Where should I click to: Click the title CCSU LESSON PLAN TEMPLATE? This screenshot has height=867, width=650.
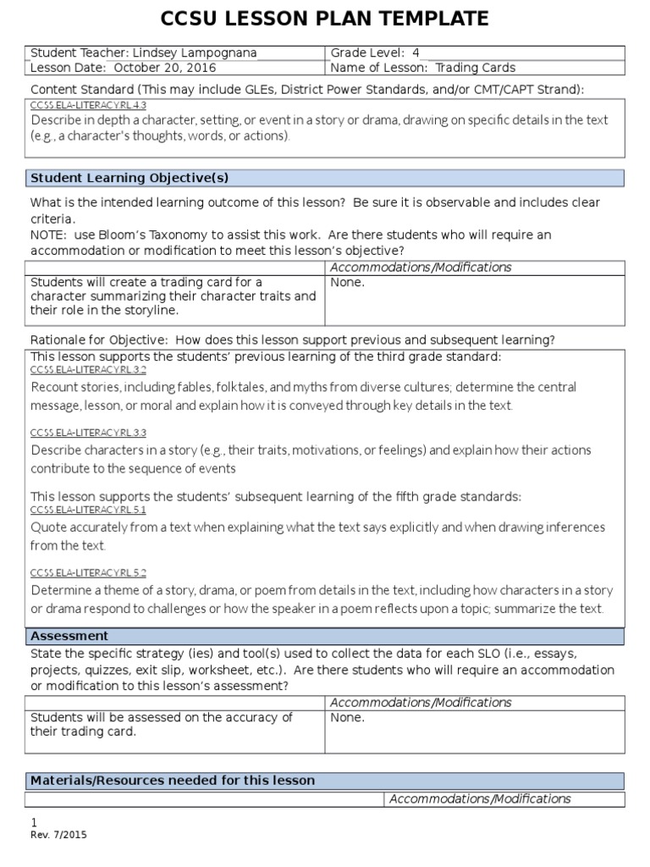pyautogui.click(x=325, y=19)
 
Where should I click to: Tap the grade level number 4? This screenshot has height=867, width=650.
pyautogui.click(x=416, y=53)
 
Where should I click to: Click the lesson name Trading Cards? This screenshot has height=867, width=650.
pyautogui.click(x=475, y=68)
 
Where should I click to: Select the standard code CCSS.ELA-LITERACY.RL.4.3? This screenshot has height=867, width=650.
pyautogui.click(x=89, y=106)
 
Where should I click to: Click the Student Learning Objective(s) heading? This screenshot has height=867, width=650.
pyautogui.click(x=129, y=178)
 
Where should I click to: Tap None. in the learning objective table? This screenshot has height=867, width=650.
pyautogui.click(x=348, y=283)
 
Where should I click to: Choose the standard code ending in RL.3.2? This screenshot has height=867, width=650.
pyautogui.click(x=89, y=371)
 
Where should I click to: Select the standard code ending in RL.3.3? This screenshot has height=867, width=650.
pyautogui.click(x=89, y=433)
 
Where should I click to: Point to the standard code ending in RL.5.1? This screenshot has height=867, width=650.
pyautogui.click(x=89, y=511)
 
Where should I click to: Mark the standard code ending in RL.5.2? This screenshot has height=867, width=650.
pyautogui.click(x=89, y=573)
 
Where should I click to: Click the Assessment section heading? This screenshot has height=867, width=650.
pyautogui.click(x=69, y=636)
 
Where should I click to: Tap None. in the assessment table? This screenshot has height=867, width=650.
pyautogui.click(x=348, y=718)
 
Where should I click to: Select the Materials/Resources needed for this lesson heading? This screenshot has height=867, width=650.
pyautogui.click(x=173, y=781)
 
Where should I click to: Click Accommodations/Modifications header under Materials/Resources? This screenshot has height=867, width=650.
pyautogui.click(x=480, y=799)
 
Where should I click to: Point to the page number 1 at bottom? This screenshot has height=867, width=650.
pyautogui.click(x=34, y=823)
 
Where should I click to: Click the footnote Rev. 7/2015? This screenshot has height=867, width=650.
pyautogui.click(x=58, y=835)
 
